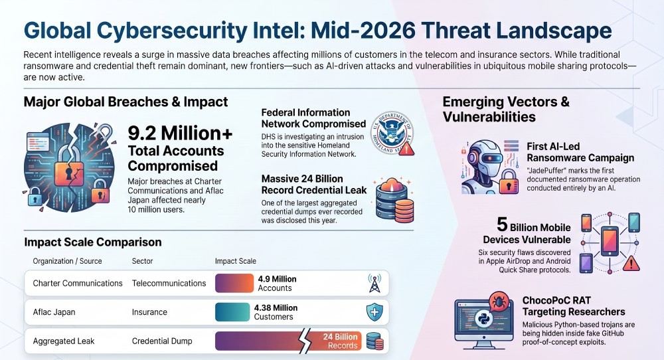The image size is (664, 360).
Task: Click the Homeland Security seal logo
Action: click(392, 133)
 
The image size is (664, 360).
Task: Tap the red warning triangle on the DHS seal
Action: click(406, 149)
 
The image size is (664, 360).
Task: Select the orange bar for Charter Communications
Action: click(234, 284)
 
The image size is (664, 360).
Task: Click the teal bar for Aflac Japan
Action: click(232, 312)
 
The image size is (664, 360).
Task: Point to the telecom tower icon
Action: click(374, 283)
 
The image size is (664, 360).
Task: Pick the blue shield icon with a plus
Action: click(374, 312)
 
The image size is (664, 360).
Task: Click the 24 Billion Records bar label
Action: click(341, 341)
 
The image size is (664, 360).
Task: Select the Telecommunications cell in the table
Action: click(169, 284)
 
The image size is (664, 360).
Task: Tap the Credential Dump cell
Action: click(162, 341)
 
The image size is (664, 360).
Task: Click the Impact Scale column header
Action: click(236, 261)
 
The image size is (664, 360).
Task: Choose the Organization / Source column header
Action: click(67, 261)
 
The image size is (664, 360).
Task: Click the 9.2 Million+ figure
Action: click(180, 134)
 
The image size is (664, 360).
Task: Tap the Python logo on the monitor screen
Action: click(483, 319)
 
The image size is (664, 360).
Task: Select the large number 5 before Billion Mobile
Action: click(502, 225)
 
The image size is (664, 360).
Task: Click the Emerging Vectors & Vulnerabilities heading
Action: click(506, 109)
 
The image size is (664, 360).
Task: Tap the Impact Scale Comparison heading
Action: click(93, 242)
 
